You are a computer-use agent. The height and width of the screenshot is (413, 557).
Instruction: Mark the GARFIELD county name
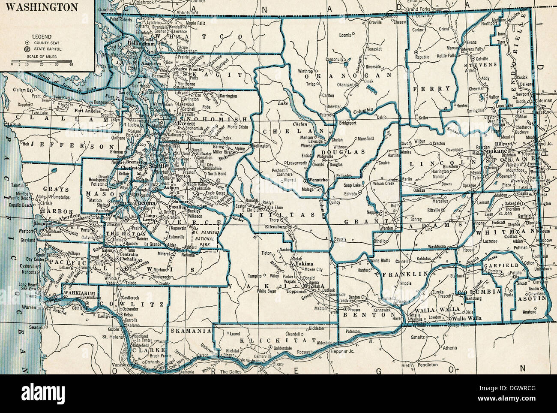click(499, 265)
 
